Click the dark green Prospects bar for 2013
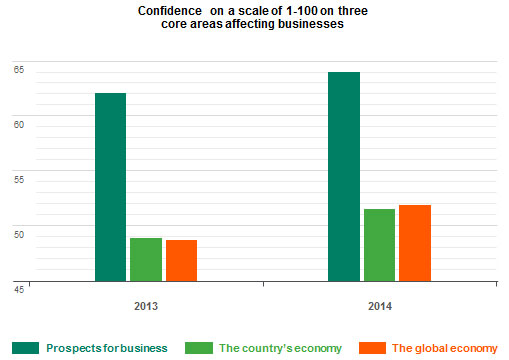[x=110, y=187]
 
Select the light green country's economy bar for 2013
[x=146, y=260]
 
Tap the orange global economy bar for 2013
[x=181, y=261]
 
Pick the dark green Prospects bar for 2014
[x=344, y=177]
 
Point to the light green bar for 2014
[x=379, y=245]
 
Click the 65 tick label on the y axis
[x=18, y=70]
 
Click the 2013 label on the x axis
[x=146, y=305]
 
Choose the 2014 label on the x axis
[x=379, y=305]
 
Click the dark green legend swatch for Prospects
[x=25, y=348]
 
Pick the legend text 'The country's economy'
[x=280, y=348]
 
